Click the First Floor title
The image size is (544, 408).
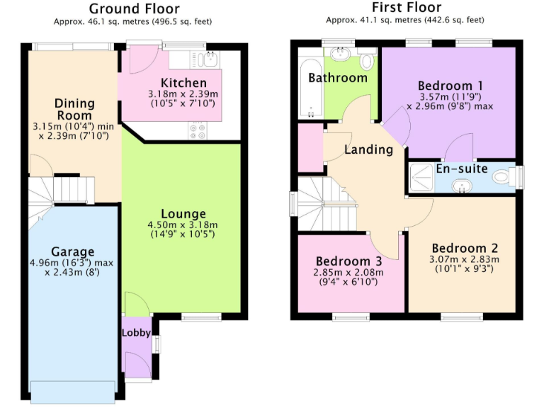point(406,8)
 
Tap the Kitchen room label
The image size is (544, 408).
point(183,83)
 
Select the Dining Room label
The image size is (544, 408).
point(74,109)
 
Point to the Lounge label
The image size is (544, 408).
point(183,214)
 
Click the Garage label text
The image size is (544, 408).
point(72,251)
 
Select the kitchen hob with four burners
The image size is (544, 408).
point(197,130)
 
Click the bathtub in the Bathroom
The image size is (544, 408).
point(311,89)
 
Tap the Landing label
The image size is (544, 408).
point(368,149)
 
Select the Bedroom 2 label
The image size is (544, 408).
point(464,248)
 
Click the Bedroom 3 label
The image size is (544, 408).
point(348,261)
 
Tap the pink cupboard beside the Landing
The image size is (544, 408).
point(310,147)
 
